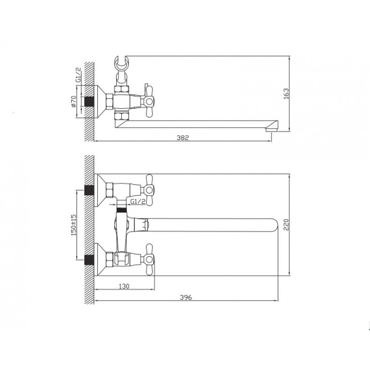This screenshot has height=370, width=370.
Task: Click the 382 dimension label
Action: click(x=183, y=138)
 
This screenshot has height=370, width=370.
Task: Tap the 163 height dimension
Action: click(x=286, y=94)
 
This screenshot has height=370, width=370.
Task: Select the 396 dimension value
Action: click(x=186, y=297)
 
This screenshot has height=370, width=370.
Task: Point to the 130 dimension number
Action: click(x=124, y=286)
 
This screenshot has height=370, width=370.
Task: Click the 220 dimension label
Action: click(x=286, y=225)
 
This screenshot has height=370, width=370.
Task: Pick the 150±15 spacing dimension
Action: click(x=73, y=225)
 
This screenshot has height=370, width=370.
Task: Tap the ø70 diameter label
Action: click(x=73, y=101)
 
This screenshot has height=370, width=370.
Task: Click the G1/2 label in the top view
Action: click(x=79, y=75)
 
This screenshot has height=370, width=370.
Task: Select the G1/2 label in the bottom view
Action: click(x=138, y=202)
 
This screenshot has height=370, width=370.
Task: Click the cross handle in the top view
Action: click(x=148, y=101)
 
